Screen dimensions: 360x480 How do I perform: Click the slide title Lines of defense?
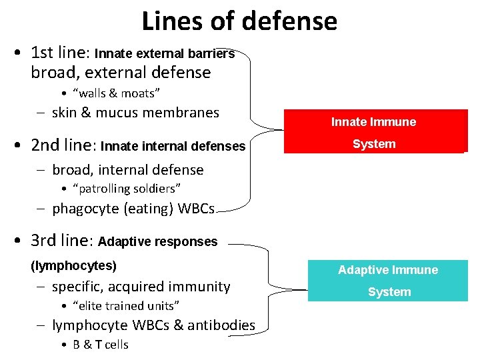[x=239, y=21]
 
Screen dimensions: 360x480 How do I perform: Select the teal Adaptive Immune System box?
[x=388, y=281]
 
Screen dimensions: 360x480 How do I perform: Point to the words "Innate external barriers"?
[x=165, y=53]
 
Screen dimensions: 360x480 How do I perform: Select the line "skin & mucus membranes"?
[x=135, y=113]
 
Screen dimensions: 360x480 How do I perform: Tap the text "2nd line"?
[x=63, y=145]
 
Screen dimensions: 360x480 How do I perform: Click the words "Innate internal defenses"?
[x=173, y=146]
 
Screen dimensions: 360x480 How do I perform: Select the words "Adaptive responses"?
[x=157, y=241]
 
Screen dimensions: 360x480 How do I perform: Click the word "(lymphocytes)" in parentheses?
[x=74, y=266]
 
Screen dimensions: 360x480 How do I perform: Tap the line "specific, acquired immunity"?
[x=141, y=287]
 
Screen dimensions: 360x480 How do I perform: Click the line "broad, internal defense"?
[x=128, y=170]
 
